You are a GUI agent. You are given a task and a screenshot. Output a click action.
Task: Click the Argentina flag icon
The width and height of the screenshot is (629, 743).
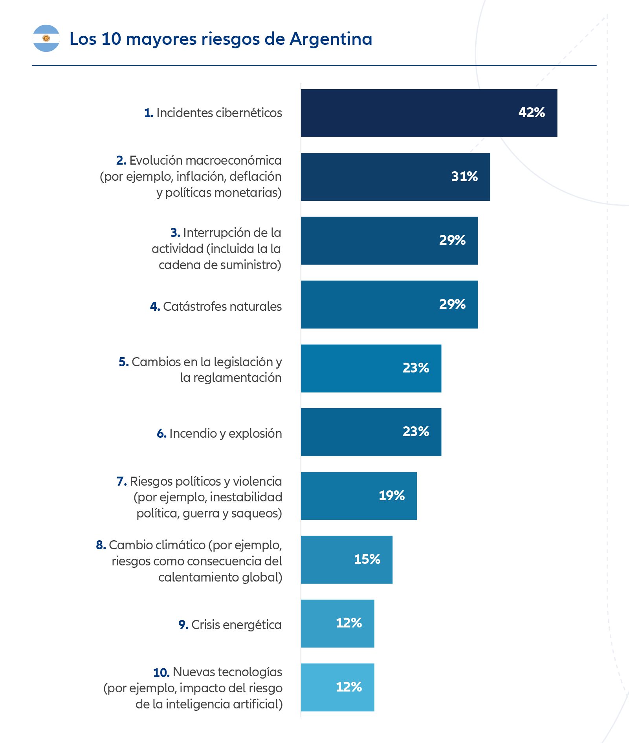(46, 38)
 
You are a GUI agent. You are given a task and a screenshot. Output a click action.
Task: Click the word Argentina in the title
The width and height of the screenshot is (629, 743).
(331, 39)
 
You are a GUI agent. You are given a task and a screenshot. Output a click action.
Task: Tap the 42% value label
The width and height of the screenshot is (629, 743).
(532, 113)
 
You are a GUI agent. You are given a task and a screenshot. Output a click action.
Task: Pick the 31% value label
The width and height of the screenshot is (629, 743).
(464, 176)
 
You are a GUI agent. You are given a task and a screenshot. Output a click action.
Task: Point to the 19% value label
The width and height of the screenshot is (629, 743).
(392, 495)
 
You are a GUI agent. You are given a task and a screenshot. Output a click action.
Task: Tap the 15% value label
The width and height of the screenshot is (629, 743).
(367, 559)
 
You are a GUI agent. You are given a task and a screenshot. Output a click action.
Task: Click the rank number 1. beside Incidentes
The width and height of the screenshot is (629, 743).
(149, 113)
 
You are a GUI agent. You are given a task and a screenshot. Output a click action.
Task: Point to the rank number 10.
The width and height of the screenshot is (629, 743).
(161, 673)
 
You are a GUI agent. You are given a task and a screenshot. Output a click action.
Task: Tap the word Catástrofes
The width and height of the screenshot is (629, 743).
(194, 306)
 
